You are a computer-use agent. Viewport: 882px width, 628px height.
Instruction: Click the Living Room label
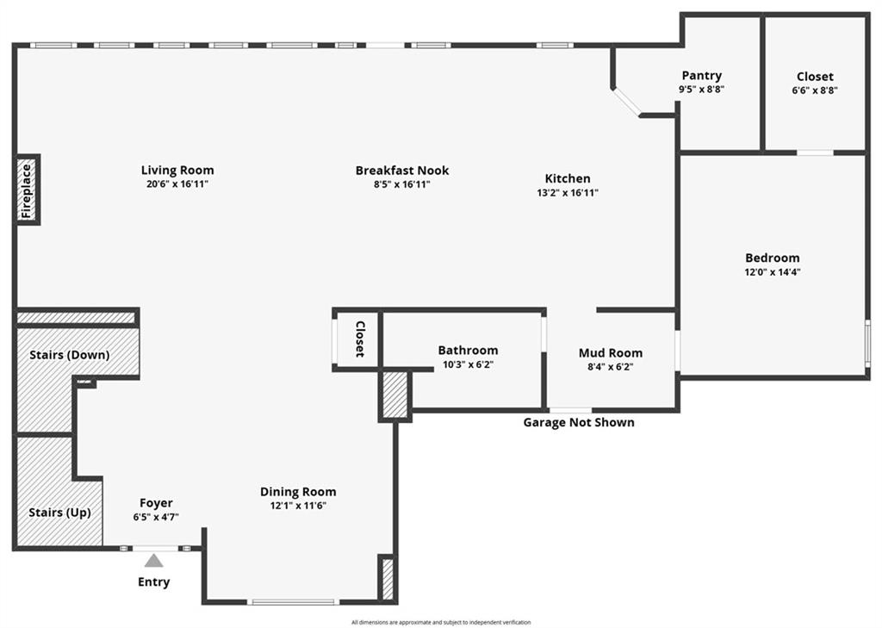[x=177, y=170]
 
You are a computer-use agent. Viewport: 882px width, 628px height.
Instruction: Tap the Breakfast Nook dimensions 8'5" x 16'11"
[x=401, y=184]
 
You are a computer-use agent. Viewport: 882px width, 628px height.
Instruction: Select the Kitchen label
[x=568, y=178]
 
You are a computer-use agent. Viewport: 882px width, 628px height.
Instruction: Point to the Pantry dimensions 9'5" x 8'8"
[x=701, y=89]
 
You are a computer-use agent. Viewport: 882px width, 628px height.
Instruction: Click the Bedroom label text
[x=773, y=258]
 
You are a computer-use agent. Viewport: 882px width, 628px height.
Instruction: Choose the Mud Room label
[x=611, y=353]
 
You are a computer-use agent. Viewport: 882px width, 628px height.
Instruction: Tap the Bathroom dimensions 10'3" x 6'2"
[x=468, y=364]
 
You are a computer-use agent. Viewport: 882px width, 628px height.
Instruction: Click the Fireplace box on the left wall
[x=27, y=190]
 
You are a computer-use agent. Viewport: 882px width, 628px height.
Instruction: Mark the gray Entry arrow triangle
[x=153, y=561]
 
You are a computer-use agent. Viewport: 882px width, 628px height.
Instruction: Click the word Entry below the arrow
[x=153, y=581]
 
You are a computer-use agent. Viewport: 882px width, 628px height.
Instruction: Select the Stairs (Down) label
[x=69, y=355]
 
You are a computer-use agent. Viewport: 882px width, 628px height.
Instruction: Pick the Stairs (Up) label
[x=59, y=512]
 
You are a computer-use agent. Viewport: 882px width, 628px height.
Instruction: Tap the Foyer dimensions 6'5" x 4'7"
[x=156, y=517]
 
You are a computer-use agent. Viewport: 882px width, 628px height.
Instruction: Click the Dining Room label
[x=298, y=491]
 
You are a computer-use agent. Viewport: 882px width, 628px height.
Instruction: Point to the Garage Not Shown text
[x=579, y=422]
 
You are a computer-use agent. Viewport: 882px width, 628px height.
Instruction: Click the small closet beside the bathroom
[x=357, y=339]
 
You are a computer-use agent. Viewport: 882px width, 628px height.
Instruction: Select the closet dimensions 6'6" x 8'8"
[x=815, y=90]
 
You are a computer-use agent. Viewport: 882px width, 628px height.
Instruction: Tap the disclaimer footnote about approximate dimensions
[x=441, y=622]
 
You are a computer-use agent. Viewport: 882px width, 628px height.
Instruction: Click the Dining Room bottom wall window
[x=293, y=602]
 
